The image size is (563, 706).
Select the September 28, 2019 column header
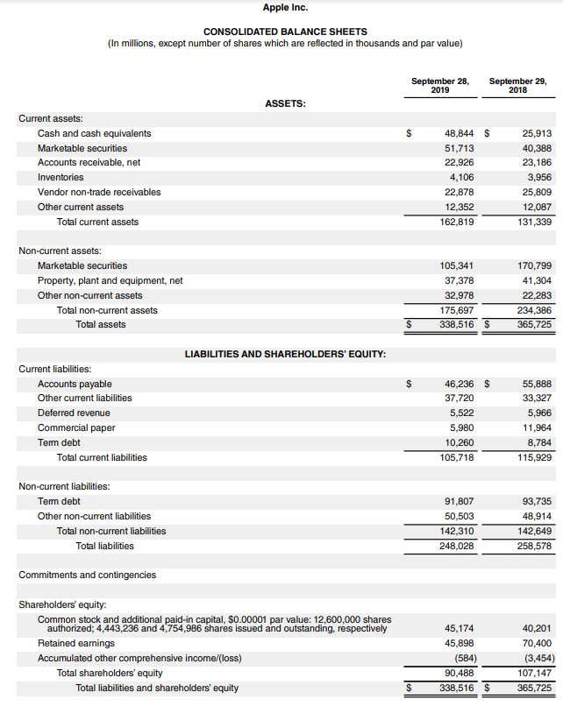pos(440,85)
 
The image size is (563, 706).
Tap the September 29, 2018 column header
pos(517,85)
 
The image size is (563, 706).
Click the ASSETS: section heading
pos(285,103)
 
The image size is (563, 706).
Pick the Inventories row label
pos(61,178)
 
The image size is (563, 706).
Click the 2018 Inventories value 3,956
pos(537,178)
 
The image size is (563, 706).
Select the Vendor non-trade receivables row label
pos(99,192)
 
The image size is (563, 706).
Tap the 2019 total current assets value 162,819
pos(453,222)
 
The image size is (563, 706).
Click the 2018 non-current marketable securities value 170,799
pos(534,265)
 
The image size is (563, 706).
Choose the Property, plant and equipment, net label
pos(110,280)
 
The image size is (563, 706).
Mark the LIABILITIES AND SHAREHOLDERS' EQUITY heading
pos(286,354)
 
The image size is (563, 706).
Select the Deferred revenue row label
pos(74,413)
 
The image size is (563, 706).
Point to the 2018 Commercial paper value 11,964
pos(537,427)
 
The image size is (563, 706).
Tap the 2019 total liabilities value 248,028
pos(453,546)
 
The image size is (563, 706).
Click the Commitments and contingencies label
pos(88,575)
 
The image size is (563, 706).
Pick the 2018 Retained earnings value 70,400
pos(537,644)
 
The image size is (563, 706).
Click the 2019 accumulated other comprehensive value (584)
pos(460,658)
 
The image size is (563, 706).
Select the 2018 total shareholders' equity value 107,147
pos(534,673)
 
